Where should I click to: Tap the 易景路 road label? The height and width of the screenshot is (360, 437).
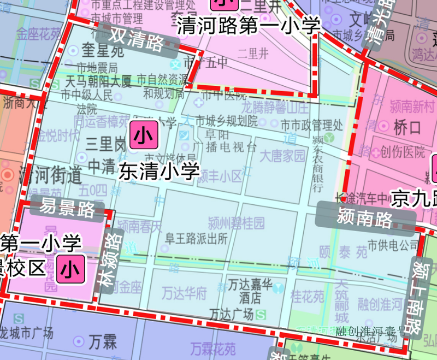(67, 208)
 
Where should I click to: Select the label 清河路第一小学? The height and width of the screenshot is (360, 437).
(248, 25)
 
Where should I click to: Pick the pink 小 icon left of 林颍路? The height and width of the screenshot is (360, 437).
(71, 269)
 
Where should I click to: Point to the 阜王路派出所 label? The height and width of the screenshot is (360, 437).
(197, 238)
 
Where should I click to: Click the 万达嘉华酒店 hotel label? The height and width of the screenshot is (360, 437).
(244, 291)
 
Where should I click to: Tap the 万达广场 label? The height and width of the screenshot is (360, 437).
(232, 314)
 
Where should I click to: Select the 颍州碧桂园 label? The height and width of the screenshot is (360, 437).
(236, 222)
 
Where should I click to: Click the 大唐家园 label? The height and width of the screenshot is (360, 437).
(282, 156)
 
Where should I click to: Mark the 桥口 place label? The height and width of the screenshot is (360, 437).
(407, 128)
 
